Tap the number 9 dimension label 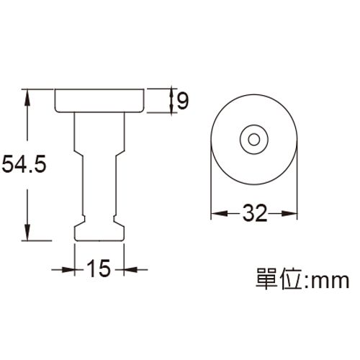181,102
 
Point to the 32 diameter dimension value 253,213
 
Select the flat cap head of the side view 102,100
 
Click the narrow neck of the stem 99,187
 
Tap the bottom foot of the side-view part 99,230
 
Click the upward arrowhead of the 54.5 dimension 28,94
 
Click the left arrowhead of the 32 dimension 215,213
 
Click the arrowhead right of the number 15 129,269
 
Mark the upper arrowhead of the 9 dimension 170,92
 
